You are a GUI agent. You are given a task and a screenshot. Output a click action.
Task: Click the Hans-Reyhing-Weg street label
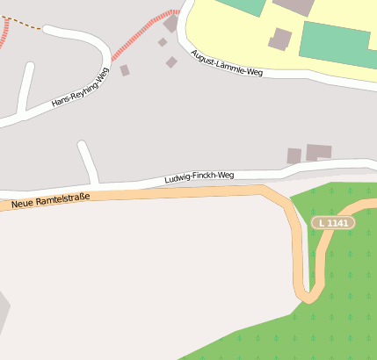(80, 88)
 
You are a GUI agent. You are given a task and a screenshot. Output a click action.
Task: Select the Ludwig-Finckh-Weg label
(199, 177)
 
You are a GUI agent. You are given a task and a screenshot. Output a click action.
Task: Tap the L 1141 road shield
(333, 223)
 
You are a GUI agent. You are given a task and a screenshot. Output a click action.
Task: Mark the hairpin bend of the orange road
(308, 294)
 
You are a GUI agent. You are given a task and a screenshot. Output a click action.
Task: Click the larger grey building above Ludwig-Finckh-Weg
(318, 153)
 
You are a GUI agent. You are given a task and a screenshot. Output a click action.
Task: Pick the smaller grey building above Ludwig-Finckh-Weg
(294, 155)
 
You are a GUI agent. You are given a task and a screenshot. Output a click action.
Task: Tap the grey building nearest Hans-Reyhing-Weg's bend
(125, 70)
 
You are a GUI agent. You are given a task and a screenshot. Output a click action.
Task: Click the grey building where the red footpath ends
(170, 24)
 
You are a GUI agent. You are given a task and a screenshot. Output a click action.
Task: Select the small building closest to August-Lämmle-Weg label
(171, 61)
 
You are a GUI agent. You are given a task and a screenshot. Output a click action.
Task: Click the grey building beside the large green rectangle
(280, 39)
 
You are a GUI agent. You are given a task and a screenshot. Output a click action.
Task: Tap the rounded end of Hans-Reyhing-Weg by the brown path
(49, 30)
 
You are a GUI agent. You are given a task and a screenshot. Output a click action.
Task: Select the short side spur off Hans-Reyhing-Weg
(25, 87)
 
